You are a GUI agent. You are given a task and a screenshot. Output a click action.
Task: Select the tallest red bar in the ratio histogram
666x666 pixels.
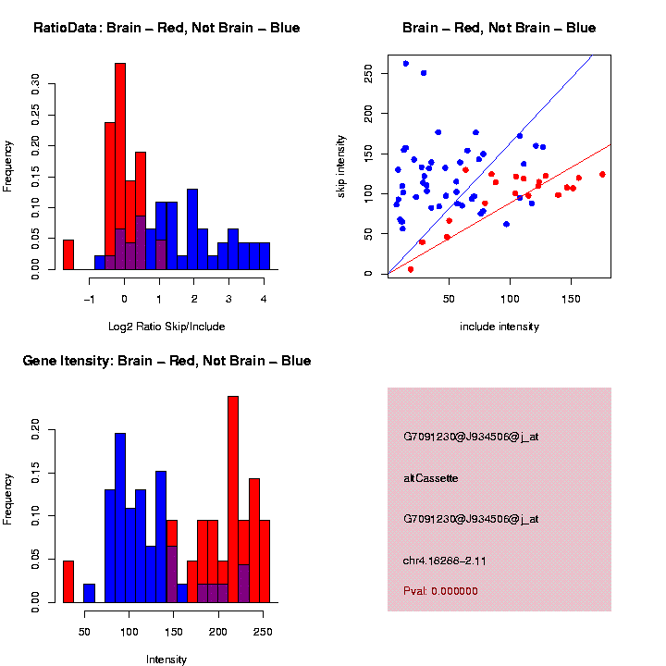(x=120, y=166)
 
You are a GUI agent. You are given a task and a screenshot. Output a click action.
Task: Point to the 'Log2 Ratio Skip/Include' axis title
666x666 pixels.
(x=166, y=327)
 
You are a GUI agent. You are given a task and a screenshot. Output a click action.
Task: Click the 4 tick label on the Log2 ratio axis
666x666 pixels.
(x=264, y=300)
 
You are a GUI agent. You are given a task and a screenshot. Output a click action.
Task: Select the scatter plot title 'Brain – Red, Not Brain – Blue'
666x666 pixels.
(x=499, y=28)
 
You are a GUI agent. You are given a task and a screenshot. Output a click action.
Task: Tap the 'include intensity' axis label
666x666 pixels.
(x=499, y=327)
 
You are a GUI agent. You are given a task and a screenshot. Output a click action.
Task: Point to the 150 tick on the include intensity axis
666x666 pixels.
(x=571, y=300)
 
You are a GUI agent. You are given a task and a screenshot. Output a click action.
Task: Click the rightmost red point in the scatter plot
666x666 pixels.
(x=602, y=174)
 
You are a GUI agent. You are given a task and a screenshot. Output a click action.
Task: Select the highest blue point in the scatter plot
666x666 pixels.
(x=405, y=64)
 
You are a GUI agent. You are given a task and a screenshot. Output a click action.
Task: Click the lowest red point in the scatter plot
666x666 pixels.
(x=410, y=269)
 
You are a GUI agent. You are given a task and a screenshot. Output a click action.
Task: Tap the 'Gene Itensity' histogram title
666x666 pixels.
(x=166, y=361)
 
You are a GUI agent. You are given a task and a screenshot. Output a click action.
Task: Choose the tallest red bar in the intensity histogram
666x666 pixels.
(x=233, y=499)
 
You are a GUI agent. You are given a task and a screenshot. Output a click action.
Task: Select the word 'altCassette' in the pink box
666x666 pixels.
(x=431, y=478)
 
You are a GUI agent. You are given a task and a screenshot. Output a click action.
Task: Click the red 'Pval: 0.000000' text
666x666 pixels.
(x=440, y=590)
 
